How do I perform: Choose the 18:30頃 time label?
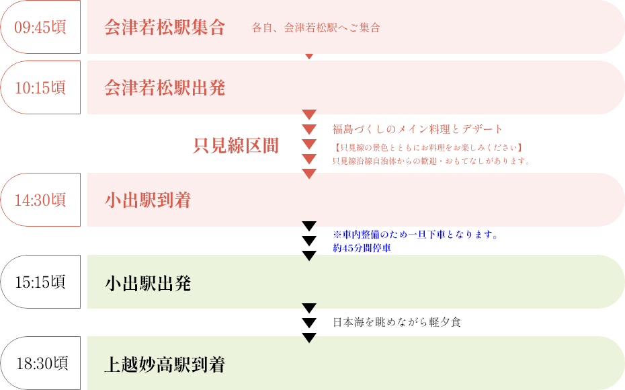pyautogui.click(x=42, y=364)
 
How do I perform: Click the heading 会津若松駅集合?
pyautogui.click(x=165, y=28)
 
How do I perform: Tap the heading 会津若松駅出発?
pyautogui.click(x=165, y=88)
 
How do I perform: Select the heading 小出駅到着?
pyautogui.click(x=148, y=200)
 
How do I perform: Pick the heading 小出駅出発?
pyautogui.click(x=148, y=283)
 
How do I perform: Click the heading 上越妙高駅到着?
pyautogui.click(x=165, y=365)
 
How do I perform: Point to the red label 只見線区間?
pyautogui.click(x=236, y=145)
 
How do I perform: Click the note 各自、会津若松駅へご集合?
pyautogui.click(x=316, y=28)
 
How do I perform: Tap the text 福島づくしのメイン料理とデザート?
pyautogui.click(x=417, y=129)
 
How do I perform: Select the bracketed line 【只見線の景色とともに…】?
pyautogui.click(x=428, y=147)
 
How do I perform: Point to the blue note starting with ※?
pyautogui.click(x=415, y=235)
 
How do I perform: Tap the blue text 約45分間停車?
pyautogui.click(x=362, y=248)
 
